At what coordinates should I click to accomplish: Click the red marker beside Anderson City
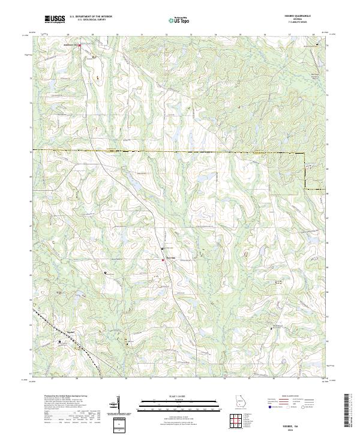pos(79,45)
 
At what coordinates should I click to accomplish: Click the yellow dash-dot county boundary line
pos(180,151)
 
